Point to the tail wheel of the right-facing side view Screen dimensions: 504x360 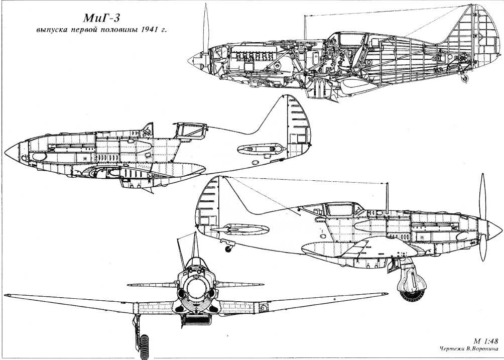point(228,249)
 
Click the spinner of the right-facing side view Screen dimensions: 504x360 point(494,230)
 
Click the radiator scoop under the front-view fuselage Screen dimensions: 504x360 point(196,319)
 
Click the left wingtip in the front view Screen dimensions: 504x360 point(6,295)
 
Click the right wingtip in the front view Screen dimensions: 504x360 point(386,294)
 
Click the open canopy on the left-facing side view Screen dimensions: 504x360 point(190,131)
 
